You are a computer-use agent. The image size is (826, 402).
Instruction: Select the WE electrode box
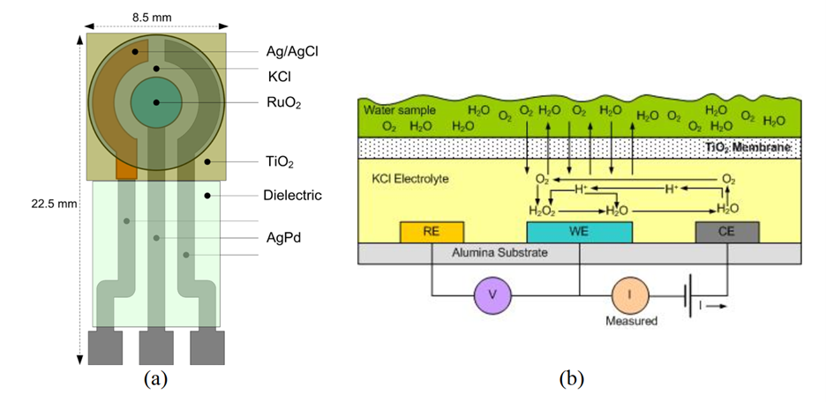[x=579, y=231]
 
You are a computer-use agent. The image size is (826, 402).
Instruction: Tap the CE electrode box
[x=725, y=231]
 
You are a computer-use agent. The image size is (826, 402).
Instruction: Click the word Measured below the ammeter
[x=632, y=322]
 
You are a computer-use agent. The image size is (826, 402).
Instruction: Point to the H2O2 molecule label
[x=544, y=211]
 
